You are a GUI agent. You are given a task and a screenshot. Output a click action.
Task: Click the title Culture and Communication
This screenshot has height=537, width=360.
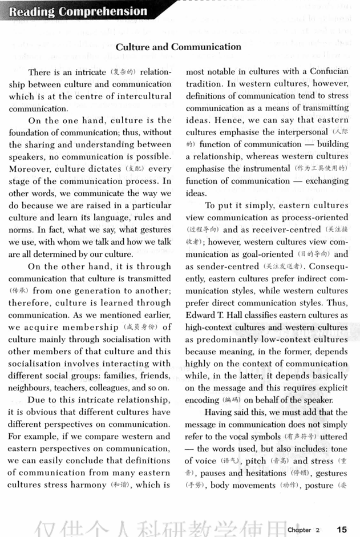(178, 47)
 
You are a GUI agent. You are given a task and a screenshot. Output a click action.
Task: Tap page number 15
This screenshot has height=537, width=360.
(342, 529)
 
